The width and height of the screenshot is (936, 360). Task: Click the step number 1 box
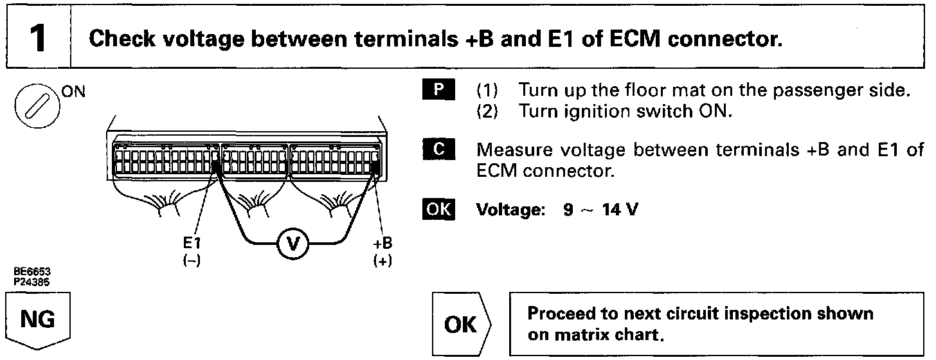coord(37,38)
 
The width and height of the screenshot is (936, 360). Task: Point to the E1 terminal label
coord(190,244)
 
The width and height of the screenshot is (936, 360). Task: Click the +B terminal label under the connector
coord(383,244)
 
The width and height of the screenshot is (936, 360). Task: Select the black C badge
coord(440,150)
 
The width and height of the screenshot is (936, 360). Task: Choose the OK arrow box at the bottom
coord(463,325)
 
